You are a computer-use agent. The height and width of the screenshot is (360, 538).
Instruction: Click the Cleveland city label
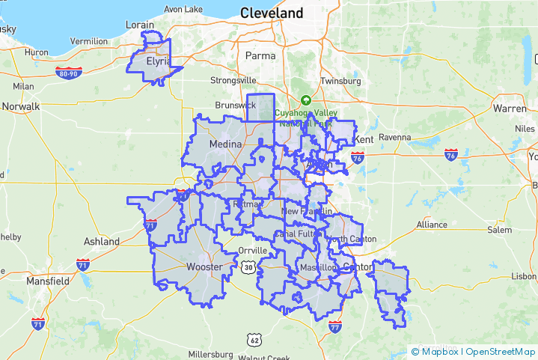[x=272, y=13]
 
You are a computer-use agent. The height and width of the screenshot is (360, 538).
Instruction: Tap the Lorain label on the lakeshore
[x=140, y=25]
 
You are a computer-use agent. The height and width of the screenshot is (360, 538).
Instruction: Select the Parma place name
[x=261, y=55]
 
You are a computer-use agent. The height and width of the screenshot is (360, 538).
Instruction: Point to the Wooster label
[x=204, y=266]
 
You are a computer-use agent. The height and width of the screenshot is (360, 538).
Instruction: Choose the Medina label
[x=224, y=144]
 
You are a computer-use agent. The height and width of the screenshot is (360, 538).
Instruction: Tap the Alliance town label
[x=432, y=225]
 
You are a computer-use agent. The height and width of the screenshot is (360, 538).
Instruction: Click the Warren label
[x=510, y=109]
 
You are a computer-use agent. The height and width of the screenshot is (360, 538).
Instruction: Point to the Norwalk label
[x=21, y=106]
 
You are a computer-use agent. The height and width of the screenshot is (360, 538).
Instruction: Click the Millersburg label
[x=211, y=354]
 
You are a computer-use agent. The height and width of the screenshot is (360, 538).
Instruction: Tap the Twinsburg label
[x=340, y=81]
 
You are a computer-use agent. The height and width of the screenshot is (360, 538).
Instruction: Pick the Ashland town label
[x=101, y=242]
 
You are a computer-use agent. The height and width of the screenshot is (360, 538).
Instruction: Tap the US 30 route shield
[x=248, y=266]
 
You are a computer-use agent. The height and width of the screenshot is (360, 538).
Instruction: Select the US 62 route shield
[x=254, y=341]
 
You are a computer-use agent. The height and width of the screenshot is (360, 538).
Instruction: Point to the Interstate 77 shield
[x=334, y=326]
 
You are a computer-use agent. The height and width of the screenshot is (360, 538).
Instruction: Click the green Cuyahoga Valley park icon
[x=305, y=100]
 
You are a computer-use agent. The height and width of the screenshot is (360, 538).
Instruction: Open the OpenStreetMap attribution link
[x=501, y=351]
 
